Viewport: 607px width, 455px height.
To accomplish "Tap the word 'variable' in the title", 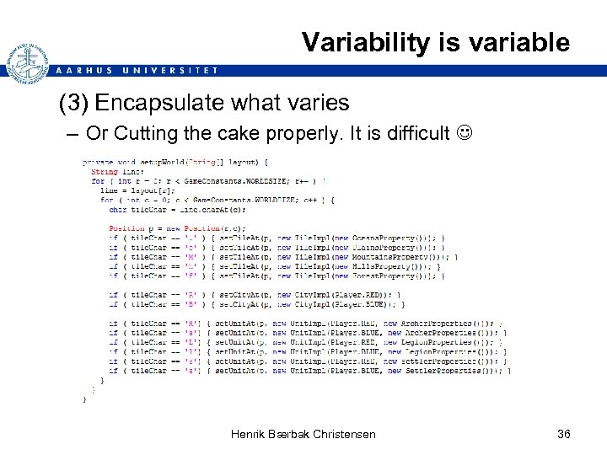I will pos(519,42).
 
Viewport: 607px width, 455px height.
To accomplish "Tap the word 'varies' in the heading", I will pos(320,104).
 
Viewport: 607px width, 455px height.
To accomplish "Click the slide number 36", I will pos(564,434).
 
